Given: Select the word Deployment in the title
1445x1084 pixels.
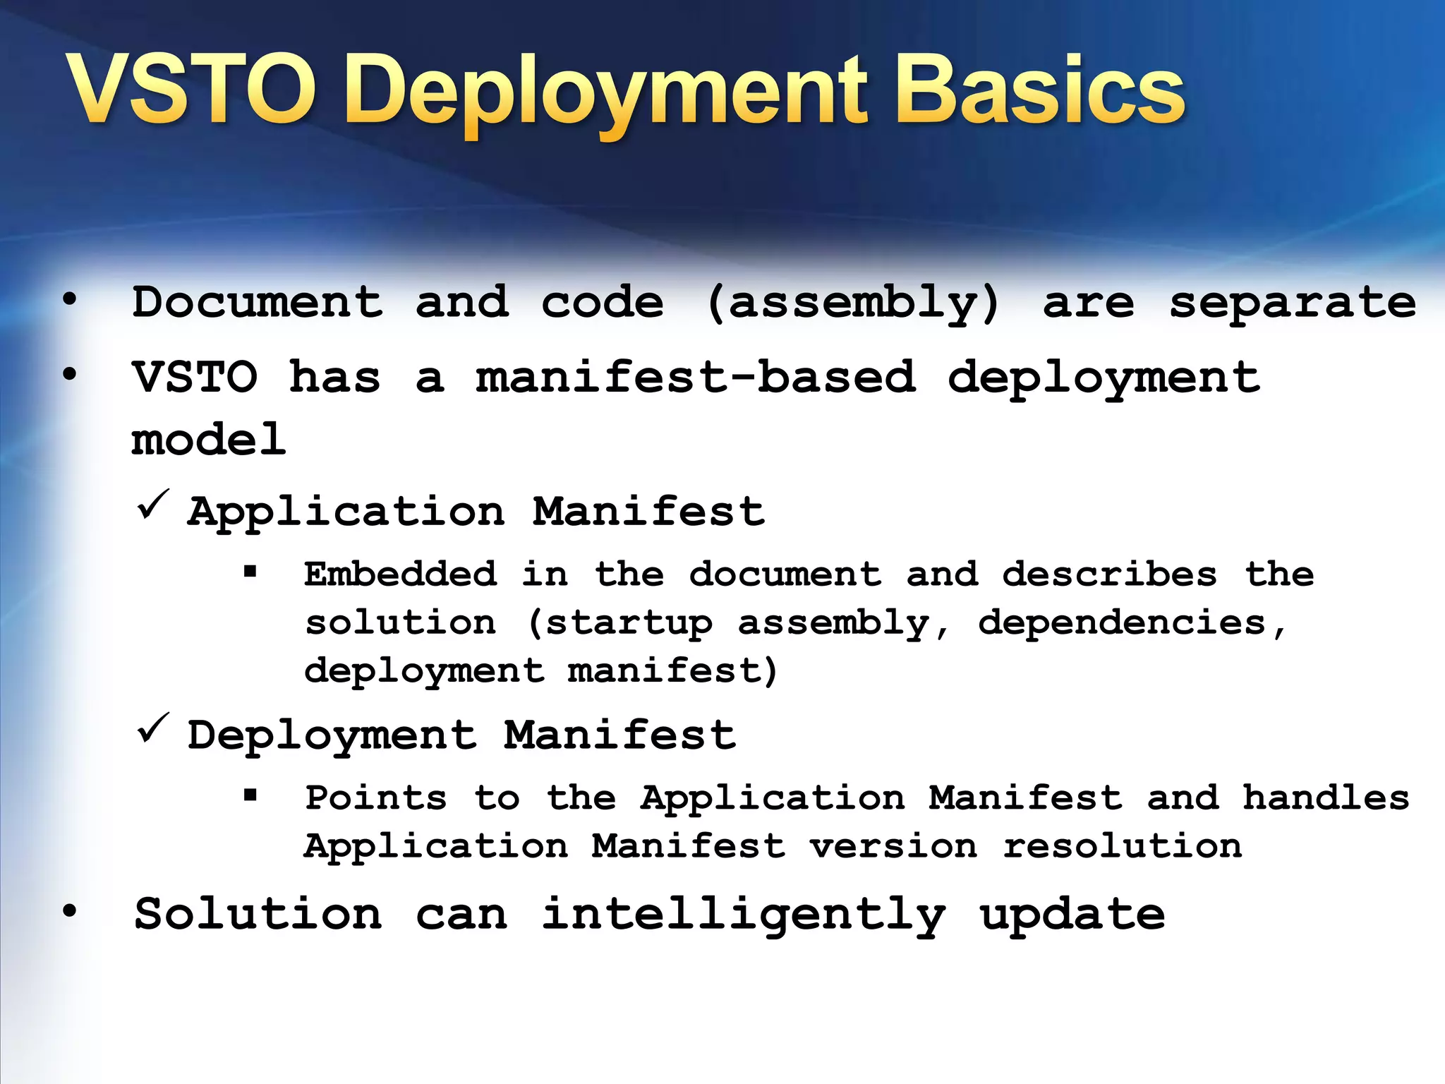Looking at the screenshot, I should point(607,95).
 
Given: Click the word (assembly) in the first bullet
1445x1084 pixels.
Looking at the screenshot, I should point(852,303).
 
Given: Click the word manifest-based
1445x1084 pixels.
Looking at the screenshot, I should point(696,377).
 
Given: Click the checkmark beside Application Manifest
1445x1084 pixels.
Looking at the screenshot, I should point(153,505).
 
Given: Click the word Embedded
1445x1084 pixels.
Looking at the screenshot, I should point(400,573).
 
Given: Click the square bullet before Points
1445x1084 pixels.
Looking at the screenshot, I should point(250,795).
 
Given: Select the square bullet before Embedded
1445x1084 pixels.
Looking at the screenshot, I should point(250,572).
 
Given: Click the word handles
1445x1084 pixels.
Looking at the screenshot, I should point(1325,797).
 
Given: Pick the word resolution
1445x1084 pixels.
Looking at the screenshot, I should point(1122,845).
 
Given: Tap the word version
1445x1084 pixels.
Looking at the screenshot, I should point(893,845).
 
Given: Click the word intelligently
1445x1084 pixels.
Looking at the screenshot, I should point(743,915).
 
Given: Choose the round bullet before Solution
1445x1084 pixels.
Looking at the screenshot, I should point(69,911).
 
